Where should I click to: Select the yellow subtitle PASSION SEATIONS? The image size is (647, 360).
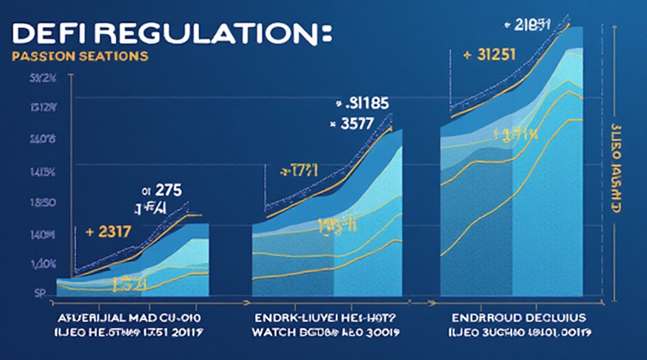(x=80, y=56)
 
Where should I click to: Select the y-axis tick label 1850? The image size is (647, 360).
(x=43, y=203)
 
